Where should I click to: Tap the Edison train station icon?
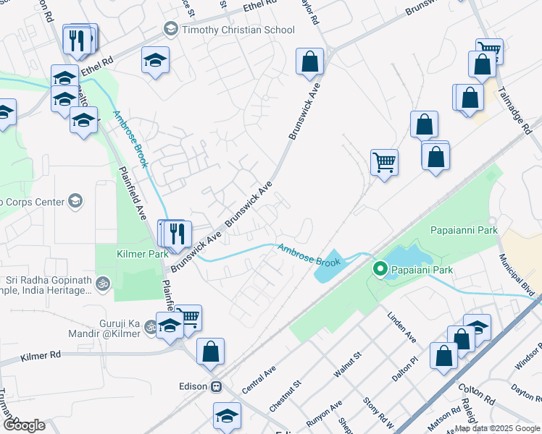click(x=215, y=386)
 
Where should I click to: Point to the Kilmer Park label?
click(x=142, y=254)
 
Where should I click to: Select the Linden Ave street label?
click(x=401, y=328)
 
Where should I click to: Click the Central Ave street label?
click(x=259, y=379)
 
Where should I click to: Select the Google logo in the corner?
click(x=25, y=425)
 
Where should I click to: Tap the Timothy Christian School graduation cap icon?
click(x=171, y=30)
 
